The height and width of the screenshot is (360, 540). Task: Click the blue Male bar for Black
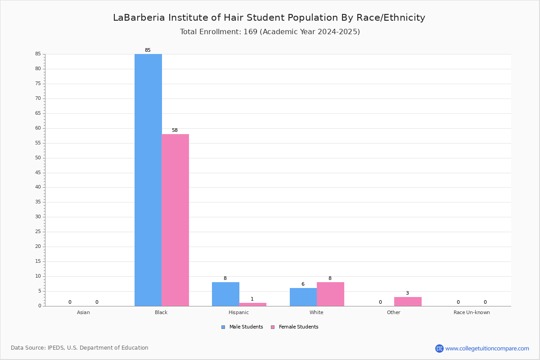pos(148,180)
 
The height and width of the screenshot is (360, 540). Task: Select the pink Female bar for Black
pos(175,220)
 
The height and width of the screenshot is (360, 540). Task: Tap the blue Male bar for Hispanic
pos(225,294)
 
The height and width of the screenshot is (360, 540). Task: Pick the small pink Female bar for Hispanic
pos(252,304)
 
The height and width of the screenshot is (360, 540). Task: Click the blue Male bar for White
pos(303,297)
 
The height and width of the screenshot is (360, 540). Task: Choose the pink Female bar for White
pos(330,294)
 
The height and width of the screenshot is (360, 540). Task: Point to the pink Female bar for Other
pos(408,301)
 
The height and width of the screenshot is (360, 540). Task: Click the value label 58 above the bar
pos(175,130)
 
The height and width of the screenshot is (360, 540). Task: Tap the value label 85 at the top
pos(148,50)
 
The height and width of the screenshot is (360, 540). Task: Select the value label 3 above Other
pos(407,293)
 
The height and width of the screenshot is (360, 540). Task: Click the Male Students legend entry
pos(242,327)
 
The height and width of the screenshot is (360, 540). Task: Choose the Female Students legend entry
pos(295,327)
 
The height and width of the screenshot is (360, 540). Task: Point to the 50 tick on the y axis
pos(38,157)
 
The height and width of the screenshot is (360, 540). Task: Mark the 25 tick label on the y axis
pos(38,231)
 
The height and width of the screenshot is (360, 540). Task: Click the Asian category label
pos(83,312)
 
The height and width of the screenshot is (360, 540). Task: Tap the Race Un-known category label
pos(472,312)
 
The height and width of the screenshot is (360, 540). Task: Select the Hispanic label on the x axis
pos(238,312)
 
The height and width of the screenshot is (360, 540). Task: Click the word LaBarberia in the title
pos(139,18)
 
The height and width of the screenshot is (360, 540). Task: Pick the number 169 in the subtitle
pos(251,31)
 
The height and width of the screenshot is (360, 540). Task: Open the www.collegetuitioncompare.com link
pos(487,348)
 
